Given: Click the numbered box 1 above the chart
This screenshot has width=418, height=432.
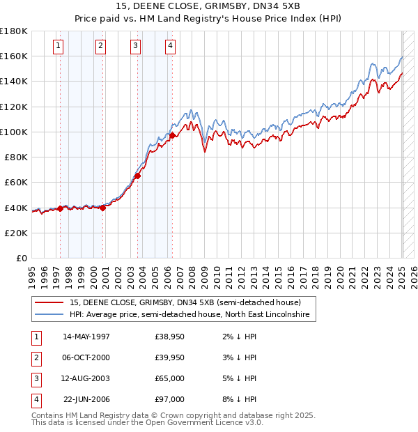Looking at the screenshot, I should tap(58, 47).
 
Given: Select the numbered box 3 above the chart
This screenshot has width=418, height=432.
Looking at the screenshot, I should tap(135, 47).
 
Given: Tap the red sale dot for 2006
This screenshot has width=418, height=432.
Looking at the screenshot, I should tap(172, 135).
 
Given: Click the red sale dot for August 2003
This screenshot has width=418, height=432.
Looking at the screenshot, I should tap(137, 176).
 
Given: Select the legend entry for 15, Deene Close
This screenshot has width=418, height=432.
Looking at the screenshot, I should tap(185, 303).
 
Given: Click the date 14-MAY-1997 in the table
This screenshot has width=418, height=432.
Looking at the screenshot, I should tap(86, 337).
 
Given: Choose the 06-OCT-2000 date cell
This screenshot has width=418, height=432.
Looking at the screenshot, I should tap(86, 357).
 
